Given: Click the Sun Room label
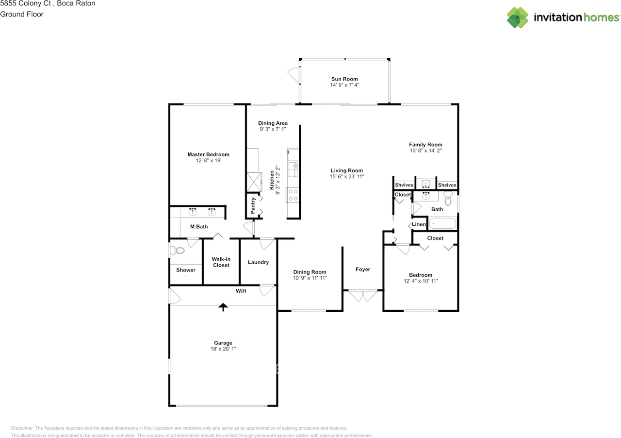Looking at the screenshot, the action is pos(344,79).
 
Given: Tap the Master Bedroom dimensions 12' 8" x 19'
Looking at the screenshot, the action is pos(209,160).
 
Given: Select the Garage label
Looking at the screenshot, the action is pos(223,343).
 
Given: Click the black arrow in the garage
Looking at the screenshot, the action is pos(223,307).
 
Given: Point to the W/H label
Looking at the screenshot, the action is pos(241,291).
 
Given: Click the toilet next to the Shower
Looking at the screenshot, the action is pos(178,251).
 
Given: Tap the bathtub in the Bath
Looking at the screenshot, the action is pos(442,223).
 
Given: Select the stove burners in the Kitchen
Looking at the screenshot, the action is pos(294,195).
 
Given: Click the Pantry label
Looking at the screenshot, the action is pos(253,205).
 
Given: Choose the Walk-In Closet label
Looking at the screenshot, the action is pos(221,262).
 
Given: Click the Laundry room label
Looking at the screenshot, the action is pos(258,262).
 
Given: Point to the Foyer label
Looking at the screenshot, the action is pos(362,269).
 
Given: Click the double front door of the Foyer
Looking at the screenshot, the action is pos(362,296).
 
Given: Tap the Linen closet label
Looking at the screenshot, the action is pos(419,224).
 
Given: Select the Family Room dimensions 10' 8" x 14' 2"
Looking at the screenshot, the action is pos(425,151).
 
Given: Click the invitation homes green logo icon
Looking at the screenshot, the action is pos(518,17).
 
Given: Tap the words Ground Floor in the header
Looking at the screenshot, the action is pos(22,14).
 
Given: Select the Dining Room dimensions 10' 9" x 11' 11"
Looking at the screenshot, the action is pos(310,278).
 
